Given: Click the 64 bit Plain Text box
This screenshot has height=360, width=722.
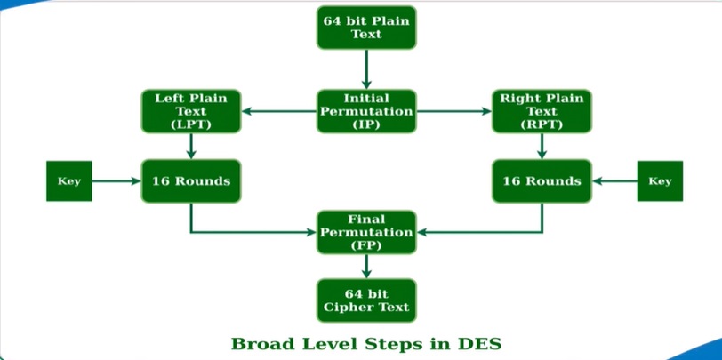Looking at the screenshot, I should click(x=365, y=27).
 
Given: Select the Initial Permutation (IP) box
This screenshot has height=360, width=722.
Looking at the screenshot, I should click(x=365, y=111).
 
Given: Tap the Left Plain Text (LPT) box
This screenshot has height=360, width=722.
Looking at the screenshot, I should click(x=190, y=111).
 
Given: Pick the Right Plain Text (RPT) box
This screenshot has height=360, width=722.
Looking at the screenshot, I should click(x=541, y=111).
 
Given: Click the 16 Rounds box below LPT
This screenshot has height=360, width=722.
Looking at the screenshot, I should click(x=190, y=181).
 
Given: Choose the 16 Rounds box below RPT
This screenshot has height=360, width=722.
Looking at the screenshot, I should click(x=541, y=181).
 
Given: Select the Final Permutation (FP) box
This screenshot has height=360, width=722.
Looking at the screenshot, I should click(x=365, y=232).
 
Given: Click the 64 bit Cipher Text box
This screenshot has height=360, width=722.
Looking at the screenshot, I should click(x=365, y=300).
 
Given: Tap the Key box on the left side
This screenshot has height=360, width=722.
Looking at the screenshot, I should click(x=69, y=181).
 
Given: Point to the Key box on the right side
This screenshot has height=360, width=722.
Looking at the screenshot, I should click(x=660, y=181).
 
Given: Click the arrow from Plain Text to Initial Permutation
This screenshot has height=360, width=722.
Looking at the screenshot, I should click(x=365, y=68).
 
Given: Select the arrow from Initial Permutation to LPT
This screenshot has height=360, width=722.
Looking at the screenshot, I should click(x=278, y=111).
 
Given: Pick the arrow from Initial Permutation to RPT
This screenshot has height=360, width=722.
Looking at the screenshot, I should click(x=453, y=111).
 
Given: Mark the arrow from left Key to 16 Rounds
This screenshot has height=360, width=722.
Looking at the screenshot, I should click(x=116, y=181).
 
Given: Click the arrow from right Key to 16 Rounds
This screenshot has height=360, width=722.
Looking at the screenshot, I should click(x=614, y=181).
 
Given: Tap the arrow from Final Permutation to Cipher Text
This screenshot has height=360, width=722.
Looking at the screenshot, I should click(x=365, y=266).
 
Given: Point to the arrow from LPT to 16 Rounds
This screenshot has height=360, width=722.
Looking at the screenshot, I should click(x=190, y=146).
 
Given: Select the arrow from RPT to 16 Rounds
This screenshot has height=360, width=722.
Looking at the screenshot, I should click(x=541, y=146).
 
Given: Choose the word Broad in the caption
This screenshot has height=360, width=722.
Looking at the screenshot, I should click(x=259, y=343).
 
